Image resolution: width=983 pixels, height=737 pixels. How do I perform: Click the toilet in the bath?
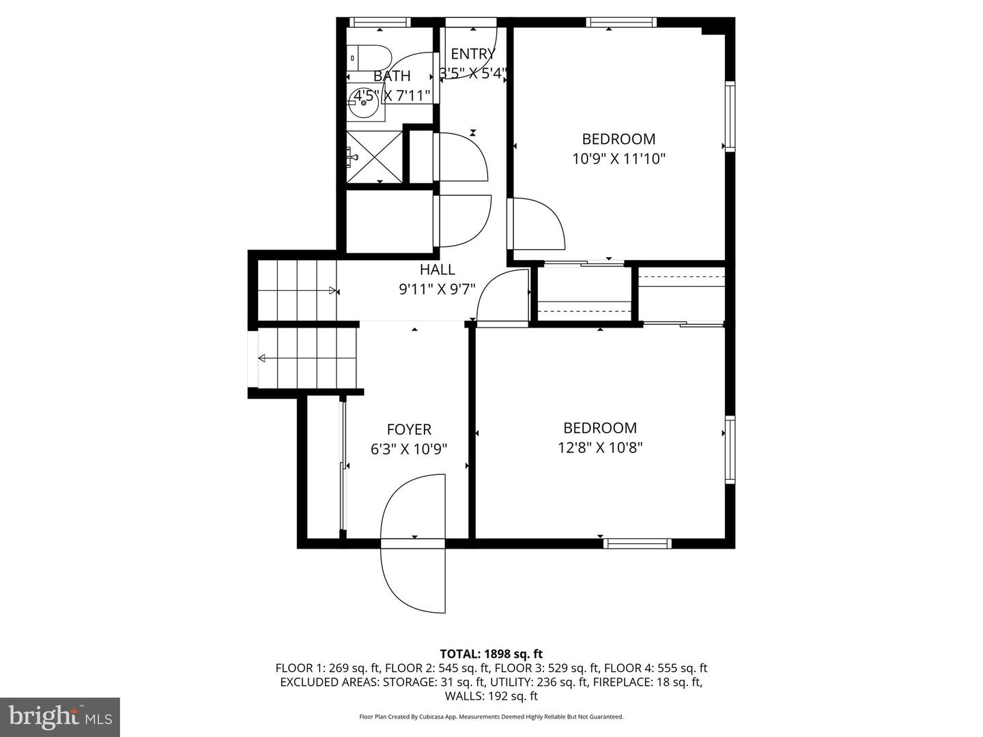pos(369,57)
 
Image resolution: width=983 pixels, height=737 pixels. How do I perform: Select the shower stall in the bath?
pos(375,156)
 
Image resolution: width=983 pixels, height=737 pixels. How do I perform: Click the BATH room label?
pos(392,76)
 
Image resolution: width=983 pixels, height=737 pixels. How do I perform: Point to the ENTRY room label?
pos(472,54)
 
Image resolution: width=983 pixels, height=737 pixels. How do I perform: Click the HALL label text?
pos(437,270)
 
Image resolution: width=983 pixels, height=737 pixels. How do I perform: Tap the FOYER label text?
pos(409,429)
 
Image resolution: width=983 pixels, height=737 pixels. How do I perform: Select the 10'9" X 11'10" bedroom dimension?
pos(618,159)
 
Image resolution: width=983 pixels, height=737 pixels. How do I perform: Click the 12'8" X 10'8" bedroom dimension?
pos(600,448)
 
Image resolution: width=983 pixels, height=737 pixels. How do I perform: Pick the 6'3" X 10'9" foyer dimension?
pos(409,449)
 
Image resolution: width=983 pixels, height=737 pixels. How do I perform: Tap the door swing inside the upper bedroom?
pos(538,224)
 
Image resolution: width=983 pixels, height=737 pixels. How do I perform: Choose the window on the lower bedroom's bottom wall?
pos(638,543)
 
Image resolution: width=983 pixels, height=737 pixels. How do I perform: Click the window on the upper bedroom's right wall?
pos(730,116)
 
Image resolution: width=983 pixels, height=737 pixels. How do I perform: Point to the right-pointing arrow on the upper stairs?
pos(333,291)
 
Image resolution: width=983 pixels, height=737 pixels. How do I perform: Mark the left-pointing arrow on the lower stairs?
pos(262,358)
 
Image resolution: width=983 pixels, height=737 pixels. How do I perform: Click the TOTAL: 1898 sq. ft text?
pos(491,654)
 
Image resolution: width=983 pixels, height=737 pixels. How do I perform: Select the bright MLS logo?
pos(60,717)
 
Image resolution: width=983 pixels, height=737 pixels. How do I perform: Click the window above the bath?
pos(380,22)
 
